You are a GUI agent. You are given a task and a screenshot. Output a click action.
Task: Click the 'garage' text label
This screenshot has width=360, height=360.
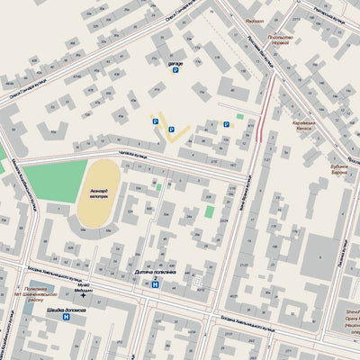coord(175,65)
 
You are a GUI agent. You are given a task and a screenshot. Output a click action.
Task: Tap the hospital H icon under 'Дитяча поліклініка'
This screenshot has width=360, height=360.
coord(155,284)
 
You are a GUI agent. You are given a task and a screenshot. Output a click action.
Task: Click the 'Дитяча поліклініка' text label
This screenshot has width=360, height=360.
coord(155,272)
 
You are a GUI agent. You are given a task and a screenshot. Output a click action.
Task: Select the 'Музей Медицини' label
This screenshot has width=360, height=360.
coord(83,287)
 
